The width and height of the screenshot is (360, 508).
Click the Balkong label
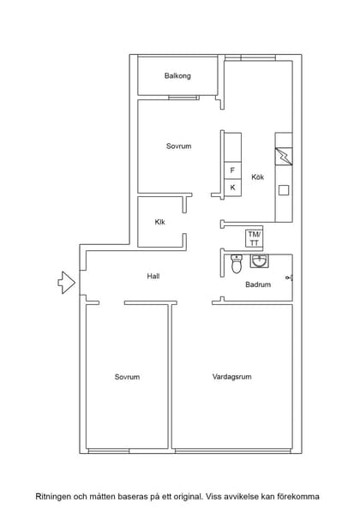click(177, 76)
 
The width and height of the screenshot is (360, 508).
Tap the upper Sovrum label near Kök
click(178, 146)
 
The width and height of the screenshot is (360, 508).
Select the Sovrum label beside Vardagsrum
click(127, 377)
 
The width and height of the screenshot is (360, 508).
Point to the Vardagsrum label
click(231, 377)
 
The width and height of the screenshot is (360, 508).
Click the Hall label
click(153, 276)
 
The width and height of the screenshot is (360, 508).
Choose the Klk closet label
click(159, 223)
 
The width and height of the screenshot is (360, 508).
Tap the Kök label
click(257, 177)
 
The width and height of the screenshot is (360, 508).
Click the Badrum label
click(258, 284)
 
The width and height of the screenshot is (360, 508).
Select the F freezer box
click(232, 170)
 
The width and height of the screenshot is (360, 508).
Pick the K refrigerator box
click(232, 187)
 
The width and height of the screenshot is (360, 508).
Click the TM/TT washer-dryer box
click(255, 238)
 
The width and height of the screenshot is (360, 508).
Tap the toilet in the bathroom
click(237, 264)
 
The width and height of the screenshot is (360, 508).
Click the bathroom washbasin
click(260, 260)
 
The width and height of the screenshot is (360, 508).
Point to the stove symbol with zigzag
click(282, 158)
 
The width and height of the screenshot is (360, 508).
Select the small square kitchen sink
click(283, 190)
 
